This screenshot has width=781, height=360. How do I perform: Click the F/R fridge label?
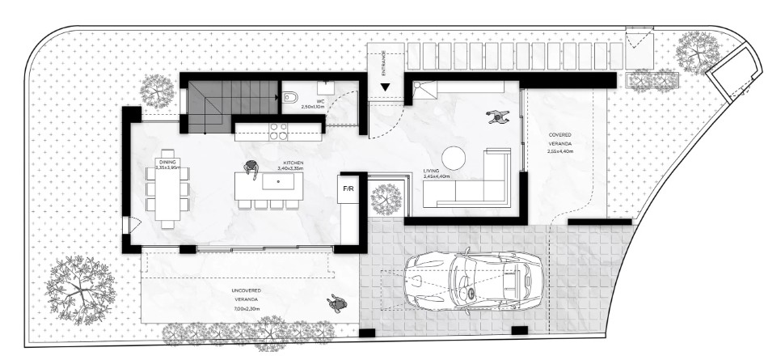tap(348, 188)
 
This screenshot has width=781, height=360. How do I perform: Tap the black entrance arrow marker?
tap(386, 87)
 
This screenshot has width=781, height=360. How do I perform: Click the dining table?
tap(168, 194)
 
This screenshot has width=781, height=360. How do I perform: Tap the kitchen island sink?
tap(280, 182)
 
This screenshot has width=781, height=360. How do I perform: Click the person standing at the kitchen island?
tap(251, 169)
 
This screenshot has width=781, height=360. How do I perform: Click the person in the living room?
tap(496, 119)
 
